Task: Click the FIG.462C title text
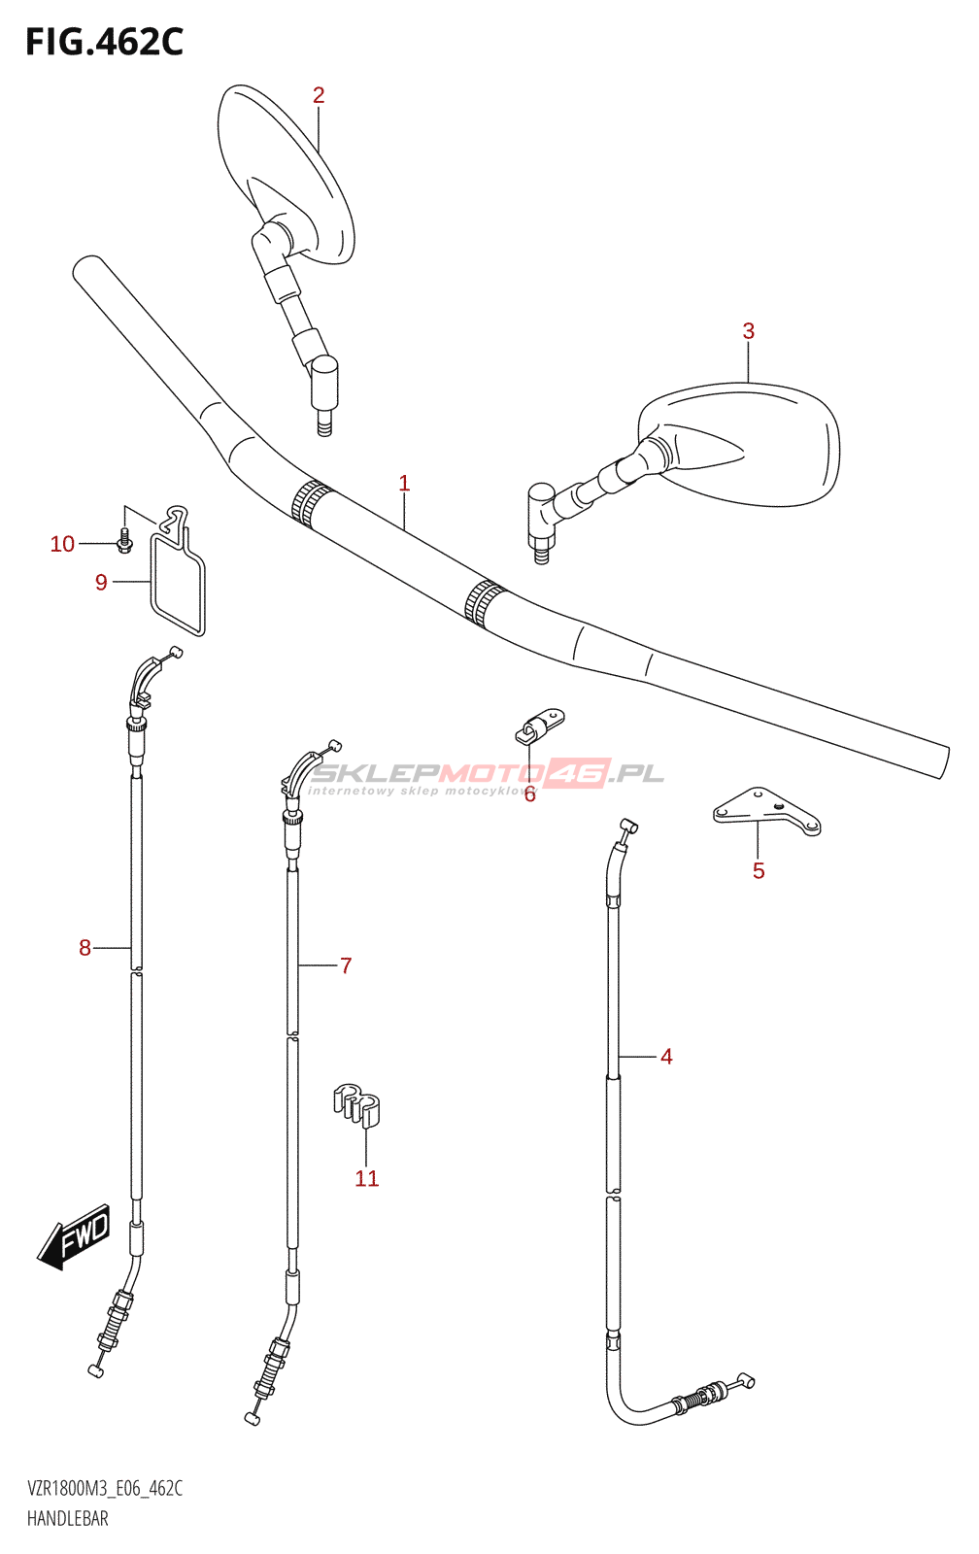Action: click(x=105, y=42)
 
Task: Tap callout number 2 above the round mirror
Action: click(x=319, y=95)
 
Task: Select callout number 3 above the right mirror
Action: click(x=748, y=331)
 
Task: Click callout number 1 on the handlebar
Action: click(x=404, y=484)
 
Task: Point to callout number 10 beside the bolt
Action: click(x=62, y=544)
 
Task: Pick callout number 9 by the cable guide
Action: click(x=101, y=583)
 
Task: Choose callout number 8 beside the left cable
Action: click(x=84, y=948)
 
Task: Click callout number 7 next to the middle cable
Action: click(x=346, y=965)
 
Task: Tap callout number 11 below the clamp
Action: click(x=366, y=1178)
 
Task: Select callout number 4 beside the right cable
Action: click(x=666, y=1057)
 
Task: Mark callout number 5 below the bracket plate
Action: click(x=759, y=871)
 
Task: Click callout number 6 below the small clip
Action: click(x=529, y=795)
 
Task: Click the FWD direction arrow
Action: click(x=74, y=1237)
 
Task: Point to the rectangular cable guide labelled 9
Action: click(x=178, y=583)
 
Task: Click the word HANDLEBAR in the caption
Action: click(x=68, y=1518)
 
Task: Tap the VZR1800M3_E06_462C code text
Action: click(x=105, y=1488)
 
